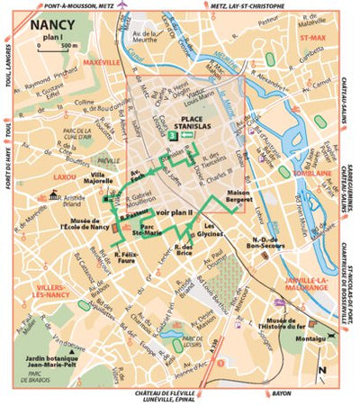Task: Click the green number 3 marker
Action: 172,134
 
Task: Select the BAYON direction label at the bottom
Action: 256,394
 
